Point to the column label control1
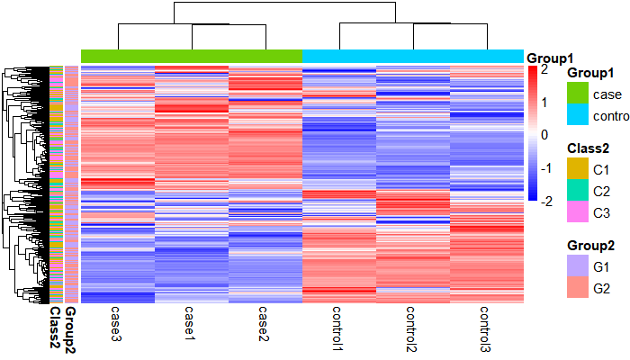338,329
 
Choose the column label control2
412,329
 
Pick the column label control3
486,329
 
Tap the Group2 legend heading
591,245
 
